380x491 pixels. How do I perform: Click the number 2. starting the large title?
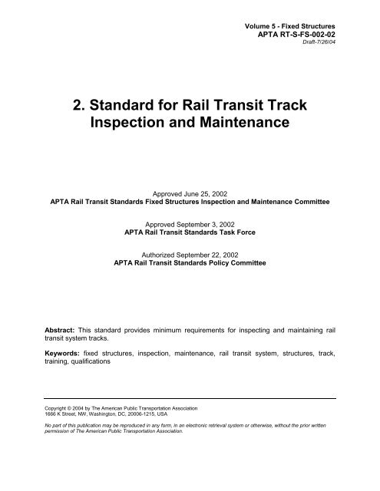point(75,104)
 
